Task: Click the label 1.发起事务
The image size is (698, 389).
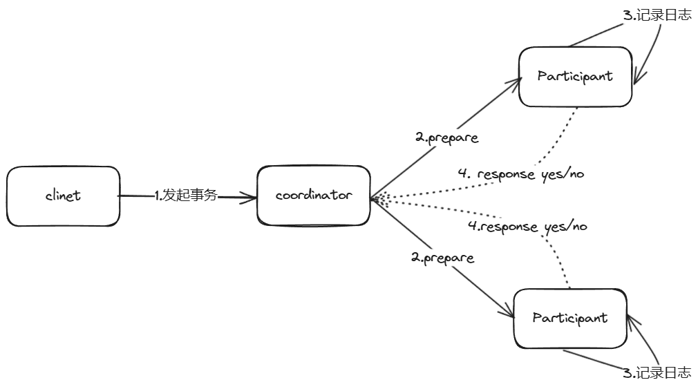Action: tap(186, 196)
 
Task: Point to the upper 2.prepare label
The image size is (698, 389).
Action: tap(446, 137)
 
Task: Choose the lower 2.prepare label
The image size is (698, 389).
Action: tap(442, 258)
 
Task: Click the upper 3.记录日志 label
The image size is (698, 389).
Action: tap(657, 15)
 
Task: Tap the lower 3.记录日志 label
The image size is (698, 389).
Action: tap(657, 373)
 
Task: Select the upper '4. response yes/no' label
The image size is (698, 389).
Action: tap(520, 173)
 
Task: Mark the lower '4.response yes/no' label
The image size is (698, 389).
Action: tap(527, 226)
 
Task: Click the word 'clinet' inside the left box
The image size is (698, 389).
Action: tap(63, 196)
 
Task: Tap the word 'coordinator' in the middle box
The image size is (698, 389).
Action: tap(313, 196)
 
